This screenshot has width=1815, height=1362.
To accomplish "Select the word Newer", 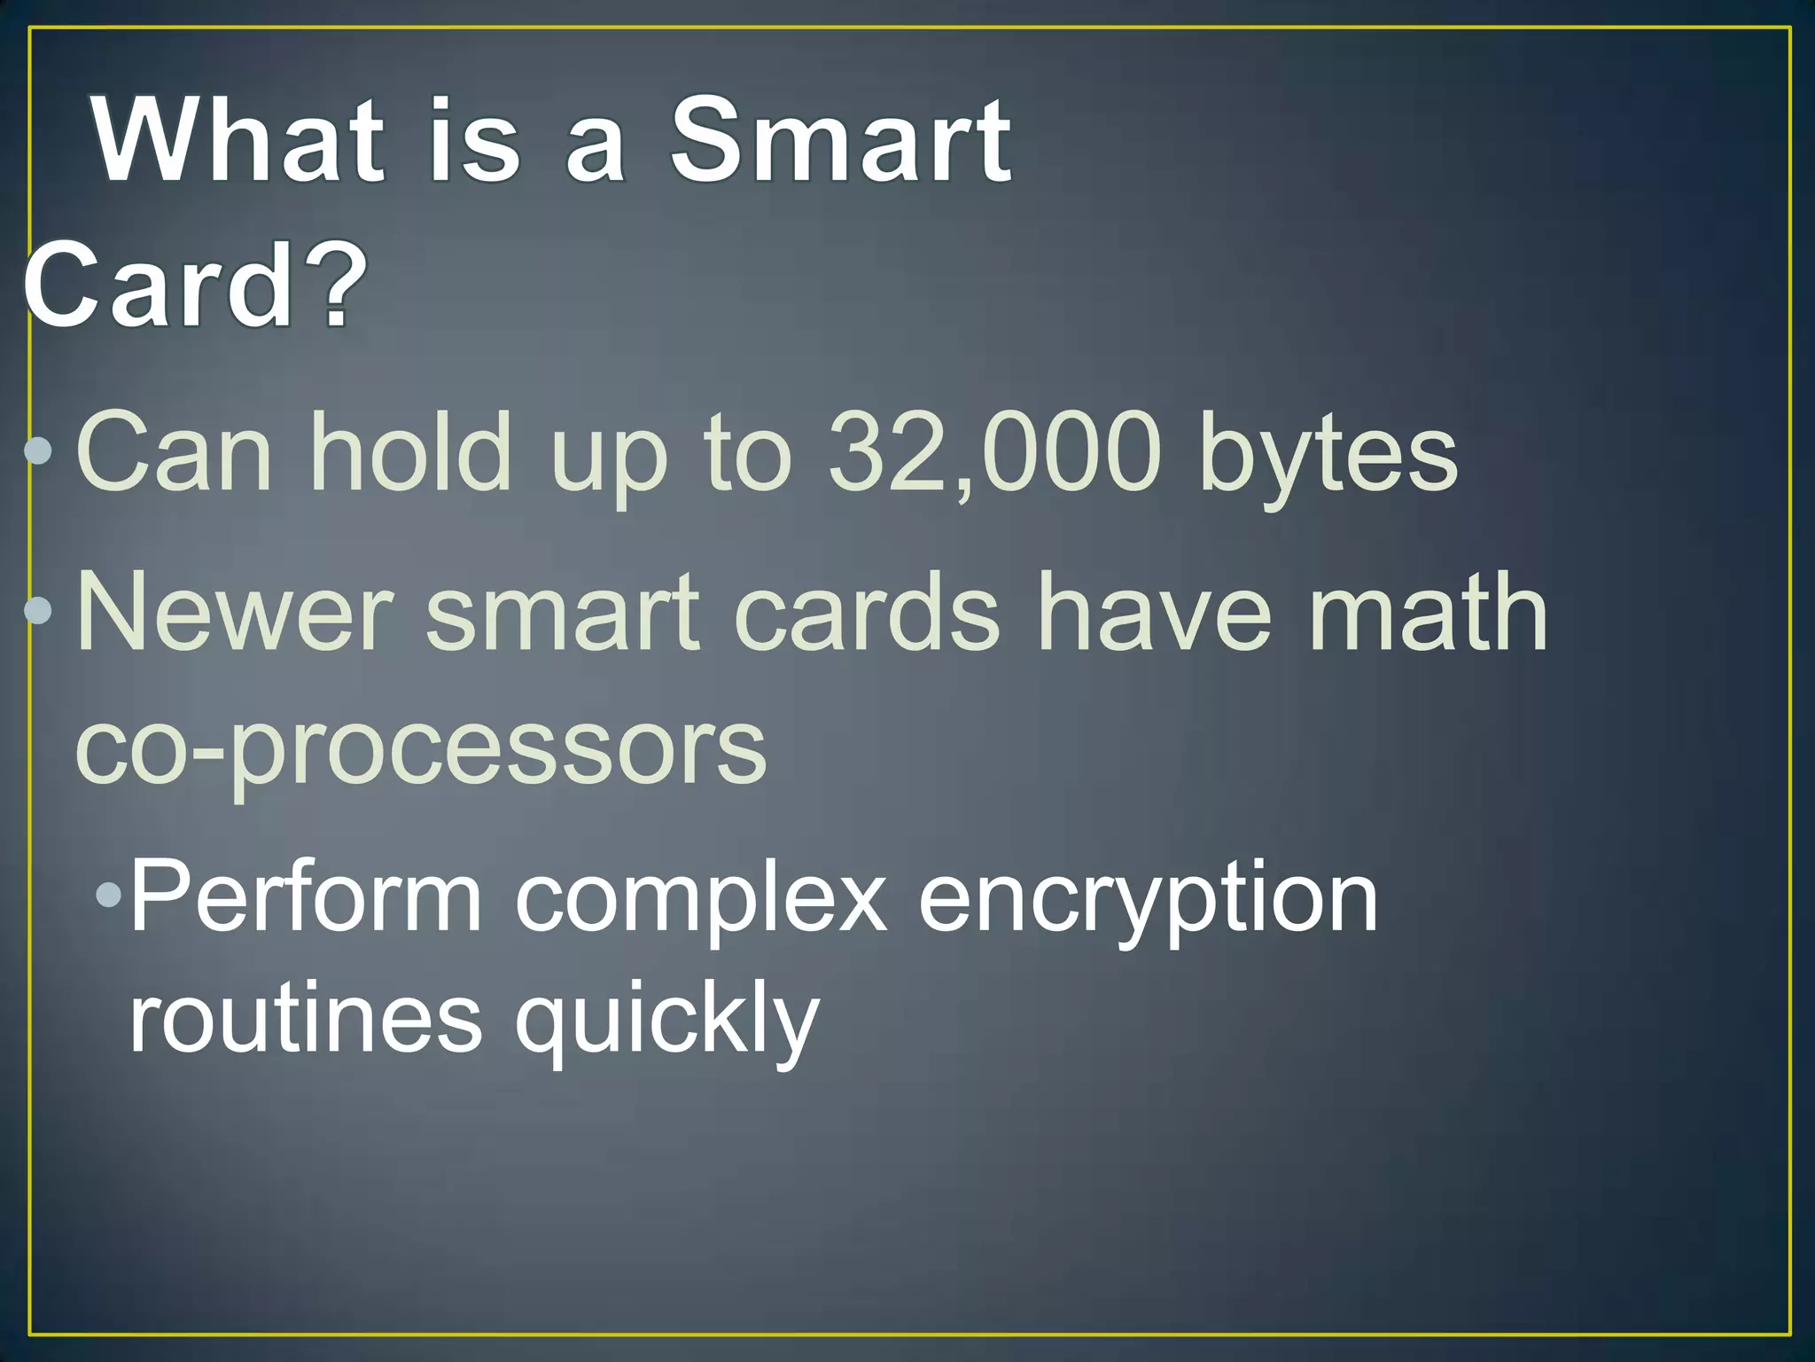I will [x=236, y=612].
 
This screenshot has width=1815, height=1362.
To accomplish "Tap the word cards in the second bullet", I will [x=867, y=612].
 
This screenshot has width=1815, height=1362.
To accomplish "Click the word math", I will [x=1428, y=612].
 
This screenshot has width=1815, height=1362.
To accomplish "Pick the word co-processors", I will [x=422, y=749].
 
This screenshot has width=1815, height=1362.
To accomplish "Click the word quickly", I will [x=666, y=1022].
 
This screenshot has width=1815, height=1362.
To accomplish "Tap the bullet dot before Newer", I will [x=39, y=610].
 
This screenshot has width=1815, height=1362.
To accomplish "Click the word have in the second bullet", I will [x=1155, y=612].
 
